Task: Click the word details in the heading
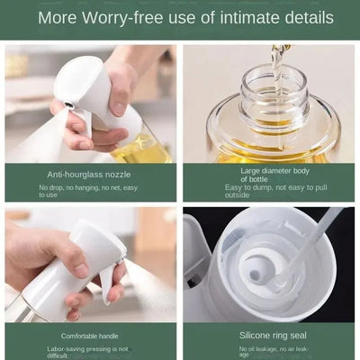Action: coord(305,18)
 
